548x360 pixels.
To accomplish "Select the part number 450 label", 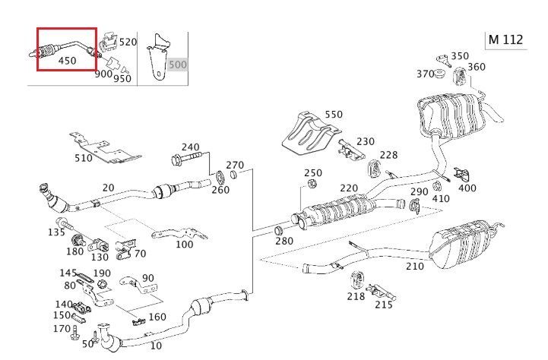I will tap(67, 62).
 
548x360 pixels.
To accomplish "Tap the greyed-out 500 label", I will tap(177, 65).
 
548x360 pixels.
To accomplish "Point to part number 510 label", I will tap(84, 159).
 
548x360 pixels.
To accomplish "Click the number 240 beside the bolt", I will tap(190, 147).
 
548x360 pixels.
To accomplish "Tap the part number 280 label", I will tap(284, 241).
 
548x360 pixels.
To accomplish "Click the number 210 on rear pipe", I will tap(414, 266).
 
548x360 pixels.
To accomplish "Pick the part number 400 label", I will tap(468, 188).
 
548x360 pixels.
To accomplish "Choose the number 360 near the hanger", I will tap(477, 67).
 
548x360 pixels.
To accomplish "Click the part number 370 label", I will tap(425, 73).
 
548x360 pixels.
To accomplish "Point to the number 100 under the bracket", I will tap(184, 244).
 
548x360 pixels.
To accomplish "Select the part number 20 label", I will tap(108, 188).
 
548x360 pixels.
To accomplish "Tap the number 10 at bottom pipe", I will tap(156, 346).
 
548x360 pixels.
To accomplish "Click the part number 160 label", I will tap(157, 317).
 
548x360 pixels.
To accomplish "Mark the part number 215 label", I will tap(384, 305).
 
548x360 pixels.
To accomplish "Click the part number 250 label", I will tap(313, 173).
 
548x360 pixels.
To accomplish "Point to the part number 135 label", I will tap(57, 232).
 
